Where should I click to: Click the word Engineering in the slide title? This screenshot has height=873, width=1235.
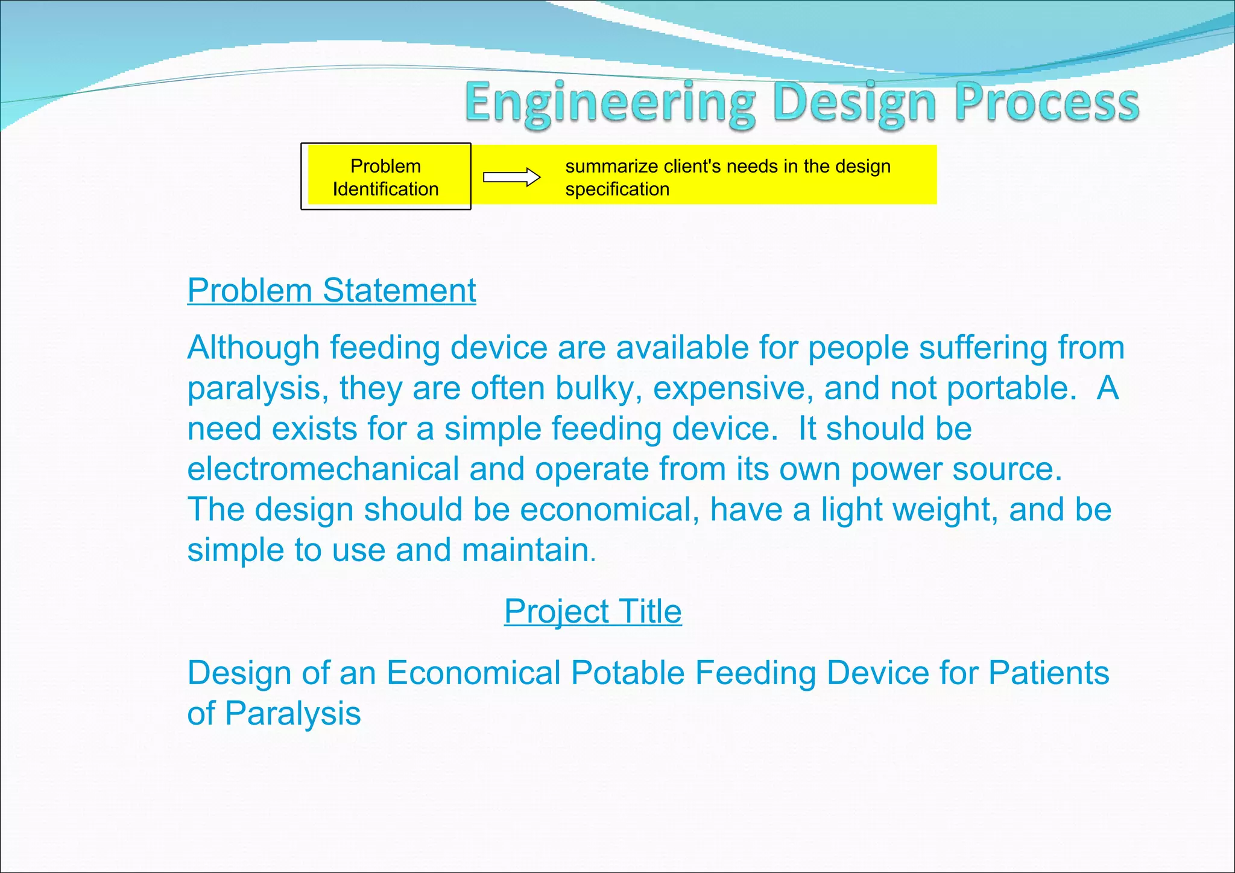(x=609, y=103)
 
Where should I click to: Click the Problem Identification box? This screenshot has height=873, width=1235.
(x=385, y=177)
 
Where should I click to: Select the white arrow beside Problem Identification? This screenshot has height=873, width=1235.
(x=511, y=177)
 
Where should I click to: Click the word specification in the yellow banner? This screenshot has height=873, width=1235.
(x=617, y=189)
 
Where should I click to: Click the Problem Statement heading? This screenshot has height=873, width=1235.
(x=332, y=291)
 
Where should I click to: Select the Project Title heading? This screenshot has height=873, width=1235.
(x=593, y=612)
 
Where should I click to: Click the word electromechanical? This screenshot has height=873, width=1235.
(x=323, y=469)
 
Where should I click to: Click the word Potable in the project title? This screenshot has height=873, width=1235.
(x=628, y=673)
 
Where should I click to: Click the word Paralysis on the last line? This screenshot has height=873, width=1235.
(x=292, y=714)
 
